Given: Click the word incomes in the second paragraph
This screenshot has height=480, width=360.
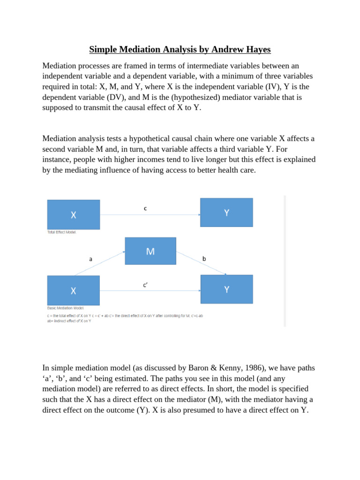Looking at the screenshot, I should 135,160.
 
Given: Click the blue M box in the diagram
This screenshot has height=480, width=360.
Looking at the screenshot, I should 150,251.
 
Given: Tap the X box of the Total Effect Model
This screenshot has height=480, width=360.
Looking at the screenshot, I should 74,215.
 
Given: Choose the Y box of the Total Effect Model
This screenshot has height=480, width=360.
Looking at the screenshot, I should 226,212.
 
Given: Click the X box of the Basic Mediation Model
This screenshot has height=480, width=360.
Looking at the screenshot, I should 74,291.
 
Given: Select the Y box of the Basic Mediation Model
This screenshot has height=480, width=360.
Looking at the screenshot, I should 226,289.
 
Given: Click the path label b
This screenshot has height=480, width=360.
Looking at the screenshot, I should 204,258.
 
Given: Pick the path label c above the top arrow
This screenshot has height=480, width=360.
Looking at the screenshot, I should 145,209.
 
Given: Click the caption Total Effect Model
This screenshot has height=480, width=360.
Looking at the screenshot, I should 61,232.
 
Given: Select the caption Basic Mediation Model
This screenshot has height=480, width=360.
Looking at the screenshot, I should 66,308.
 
